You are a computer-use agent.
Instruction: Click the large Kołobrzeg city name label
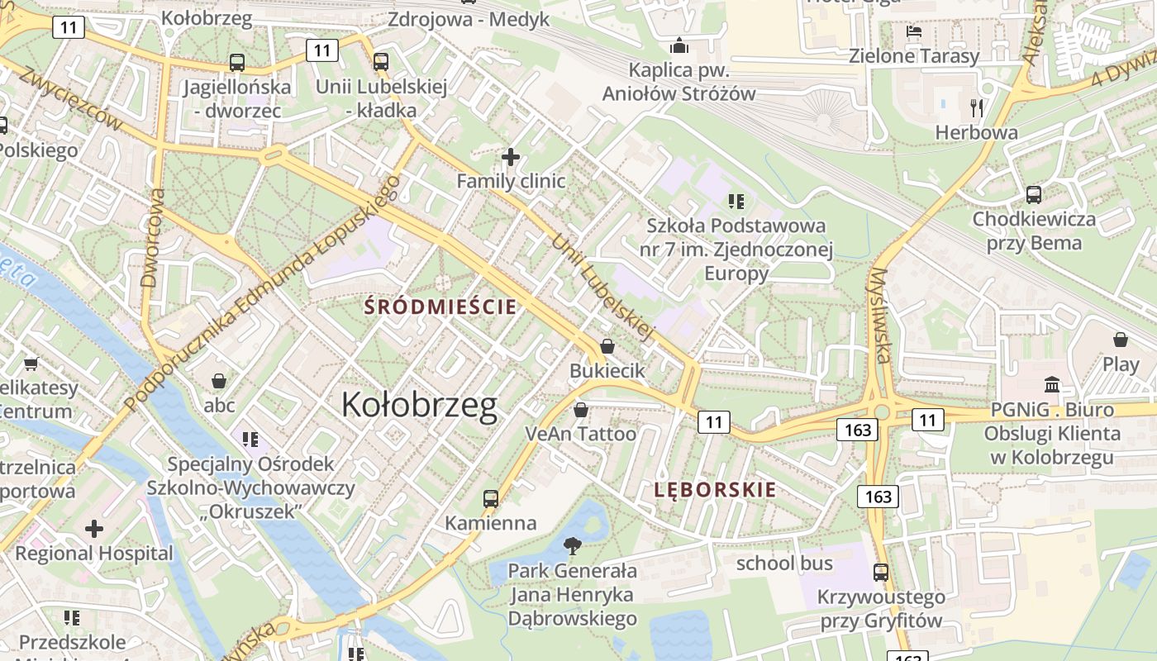[420, 405]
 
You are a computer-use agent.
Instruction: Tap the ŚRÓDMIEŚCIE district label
[441, 307]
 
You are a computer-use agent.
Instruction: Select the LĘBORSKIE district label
[715, 489]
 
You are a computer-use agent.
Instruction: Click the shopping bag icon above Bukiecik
[607, 346]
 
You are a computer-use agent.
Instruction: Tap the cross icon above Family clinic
[511, 156]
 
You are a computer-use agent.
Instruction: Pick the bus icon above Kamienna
[491, 499]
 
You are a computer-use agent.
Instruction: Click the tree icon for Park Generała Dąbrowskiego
[571, 545]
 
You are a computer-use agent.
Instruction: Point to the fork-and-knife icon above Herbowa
[977, 107]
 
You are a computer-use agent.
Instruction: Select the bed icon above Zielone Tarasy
[914, 31]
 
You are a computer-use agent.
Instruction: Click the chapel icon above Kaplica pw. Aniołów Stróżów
[679, 45]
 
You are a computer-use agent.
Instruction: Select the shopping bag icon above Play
[1121, 340]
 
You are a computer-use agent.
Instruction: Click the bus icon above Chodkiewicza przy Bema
[1034, 195]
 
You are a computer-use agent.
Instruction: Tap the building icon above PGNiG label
[1052, 384]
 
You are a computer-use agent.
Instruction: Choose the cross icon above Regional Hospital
[94, 528]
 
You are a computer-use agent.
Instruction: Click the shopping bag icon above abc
[219, 381]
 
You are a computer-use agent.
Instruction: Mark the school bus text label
[784, 564]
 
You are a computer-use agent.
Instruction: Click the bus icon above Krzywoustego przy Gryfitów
[881, 572]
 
